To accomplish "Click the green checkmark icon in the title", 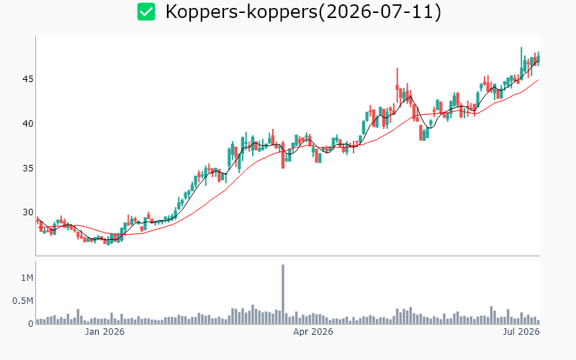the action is tap(146, 12).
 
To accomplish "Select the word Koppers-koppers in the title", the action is tap(241, 12).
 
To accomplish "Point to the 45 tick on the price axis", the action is tap(28, 79).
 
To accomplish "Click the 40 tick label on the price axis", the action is tap(28, 123).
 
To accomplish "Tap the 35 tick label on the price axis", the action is tap(28, 168).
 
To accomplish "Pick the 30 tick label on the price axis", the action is tap(28, 212).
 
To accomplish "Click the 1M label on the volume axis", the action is tap(27, 278).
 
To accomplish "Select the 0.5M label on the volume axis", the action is tap(23, 301).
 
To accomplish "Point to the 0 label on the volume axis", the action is tap(31, 323).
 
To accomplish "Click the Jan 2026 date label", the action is tap(104, 332).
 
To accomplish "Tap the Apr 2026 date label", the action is tap(313, 332).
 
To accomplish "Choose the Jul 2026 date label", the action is tap(521, 332).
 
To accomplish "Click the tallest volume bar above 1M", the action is tap(283, 294).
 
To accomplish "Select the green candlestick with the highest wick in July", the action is tap(521, 63).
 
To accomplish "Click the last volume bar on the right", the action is tap(539, 322).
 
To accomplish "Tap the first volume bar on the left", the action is tap(37, 321).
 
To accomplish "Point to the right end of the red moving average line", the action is tap(539, 80).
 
